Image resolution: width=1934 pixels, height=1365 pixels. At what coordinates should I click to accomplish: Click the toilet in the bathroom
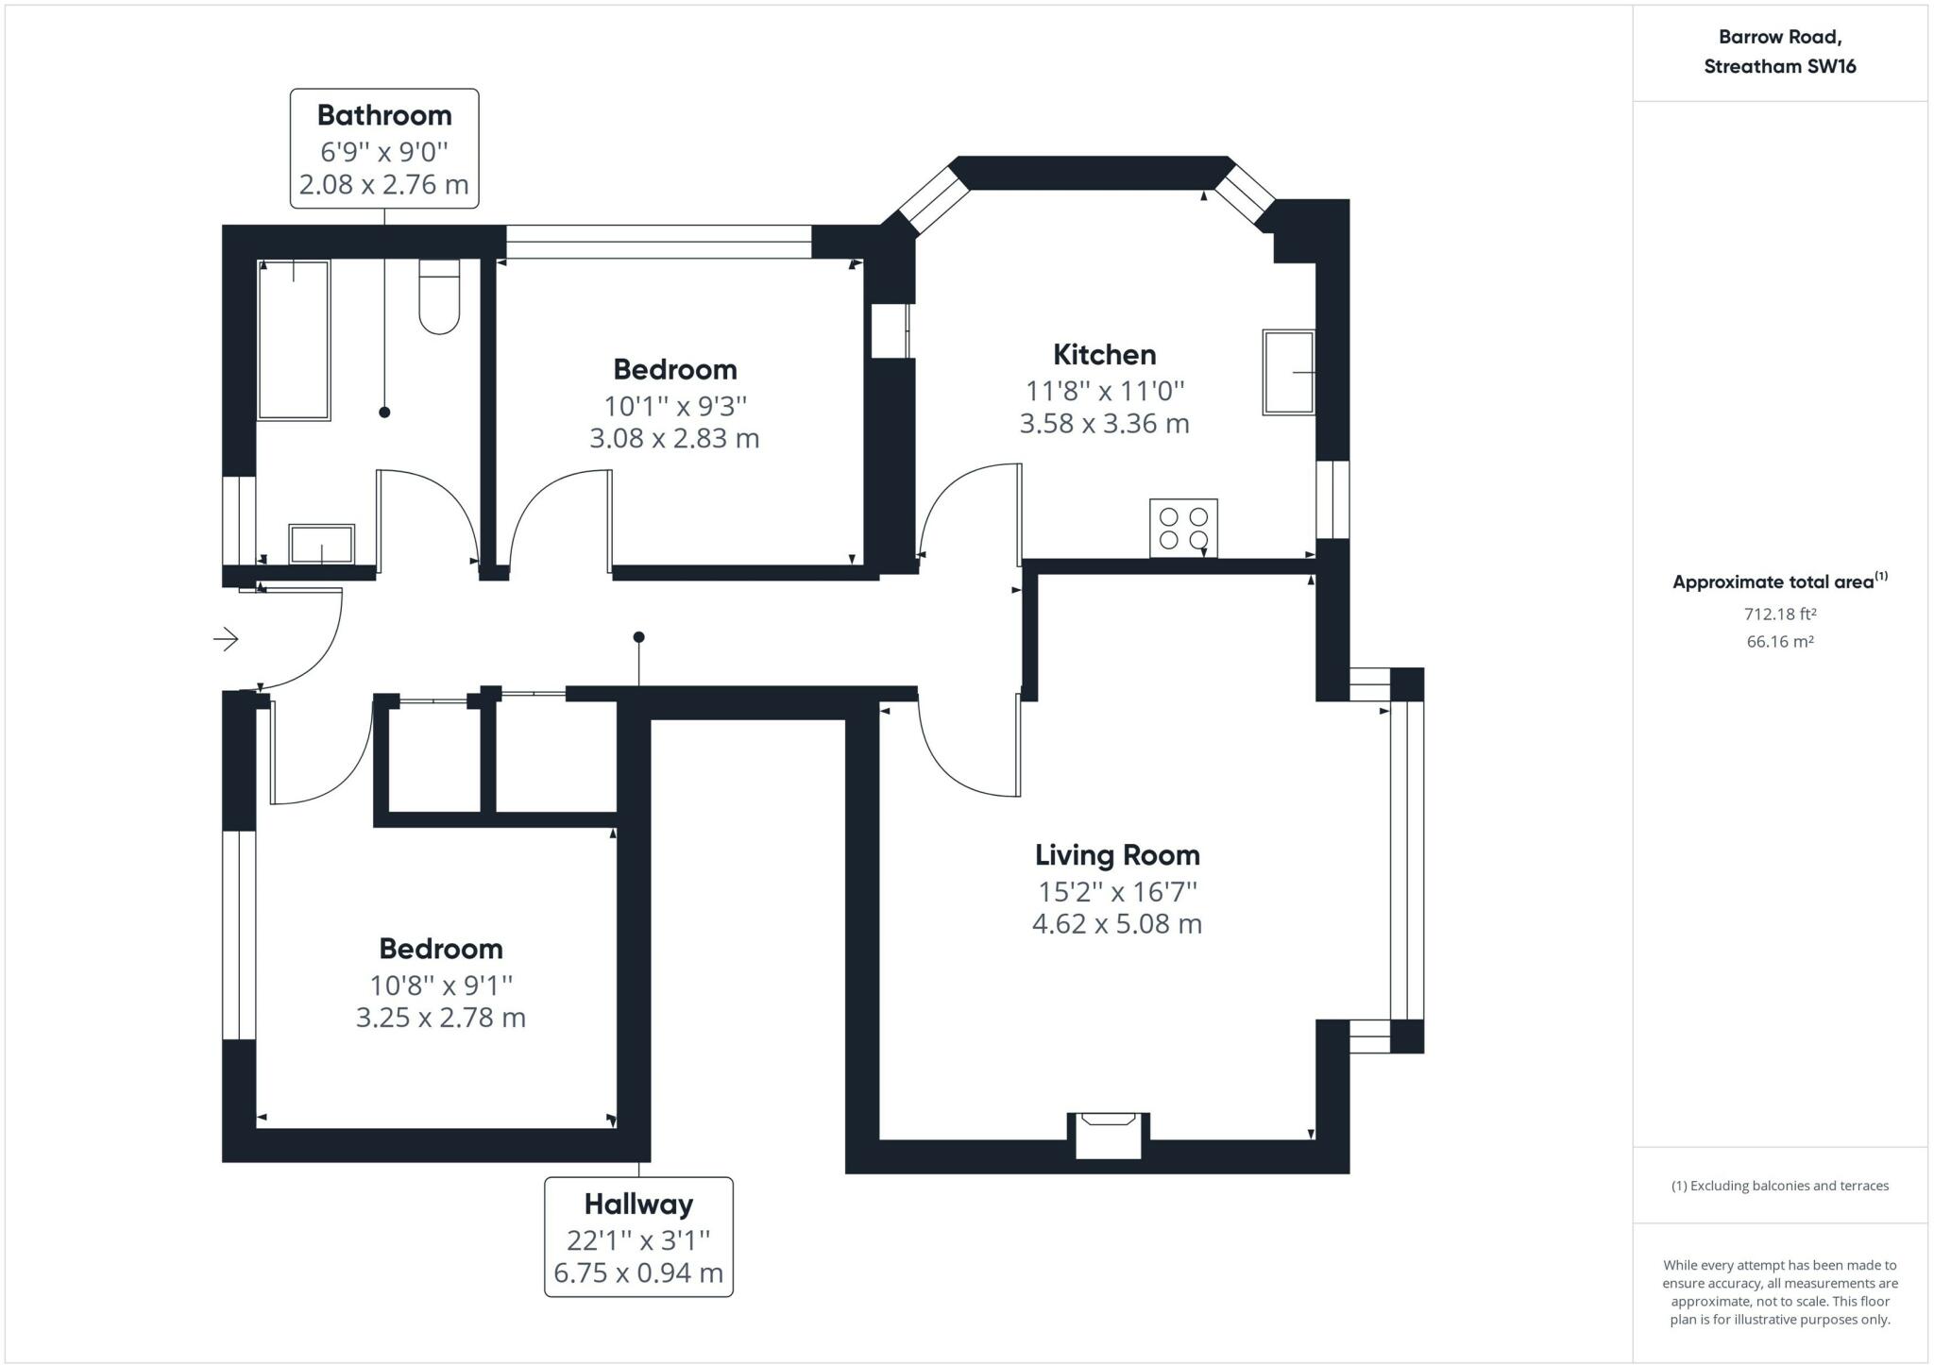(439, 296)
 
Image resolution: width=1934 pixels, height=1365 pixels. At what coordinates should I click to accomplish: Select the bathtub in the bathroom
(294, 340)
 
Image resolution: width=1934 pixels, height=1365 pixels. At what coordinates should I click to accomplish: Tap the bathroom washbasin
(322, 545)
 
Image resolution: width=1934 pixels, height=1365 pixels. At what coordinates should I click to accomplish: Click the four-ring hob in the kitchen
(1183, 528)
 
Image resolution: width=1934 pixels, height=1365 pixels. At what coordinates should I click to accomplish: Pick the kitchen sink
(1289, 372)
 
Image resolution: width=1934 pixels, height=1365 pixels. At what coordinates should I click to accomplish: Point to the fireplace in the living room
(1109, 1135)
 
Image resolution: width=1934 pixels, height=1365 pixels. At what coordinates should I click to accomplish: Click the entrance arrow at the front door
(226, 639)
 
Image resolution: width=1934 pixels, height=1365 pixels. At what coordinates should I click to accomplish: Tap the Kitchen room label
(1104, 355)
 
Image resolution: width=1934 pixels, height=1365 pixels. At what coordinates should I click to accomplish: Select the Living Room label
(1117, 855)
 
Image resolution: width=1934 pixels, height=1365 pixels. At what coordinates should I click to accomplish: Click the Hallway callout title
(638, 1205)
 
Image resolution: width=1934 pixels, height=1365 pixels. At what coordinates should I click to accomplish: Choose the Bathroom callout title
(384, 115)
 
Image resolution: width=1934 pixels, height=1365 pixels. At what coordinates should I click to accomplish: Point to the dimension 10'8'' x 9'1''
(441, 986)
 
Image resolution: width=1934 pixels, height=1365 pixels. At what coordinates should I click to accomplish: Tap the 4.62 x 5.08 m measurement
(1117, 924)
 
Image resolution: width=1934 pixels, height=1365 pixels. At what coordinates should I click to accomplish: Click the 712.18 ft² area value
(1780, 615)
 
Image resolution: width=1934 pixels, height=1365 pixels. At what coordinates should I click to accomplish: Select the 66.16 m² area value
(1780, 642)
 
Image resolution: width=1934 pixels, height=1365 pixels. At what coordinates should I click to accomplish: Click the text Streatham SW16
(1780, 66)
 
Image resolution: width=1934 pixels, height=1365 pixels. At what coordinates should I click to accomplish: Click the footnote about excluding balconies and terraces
(1780, 1186)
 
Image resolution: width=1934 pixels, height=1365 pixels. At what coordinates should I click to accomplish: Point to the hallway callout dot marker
(639, 637)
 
